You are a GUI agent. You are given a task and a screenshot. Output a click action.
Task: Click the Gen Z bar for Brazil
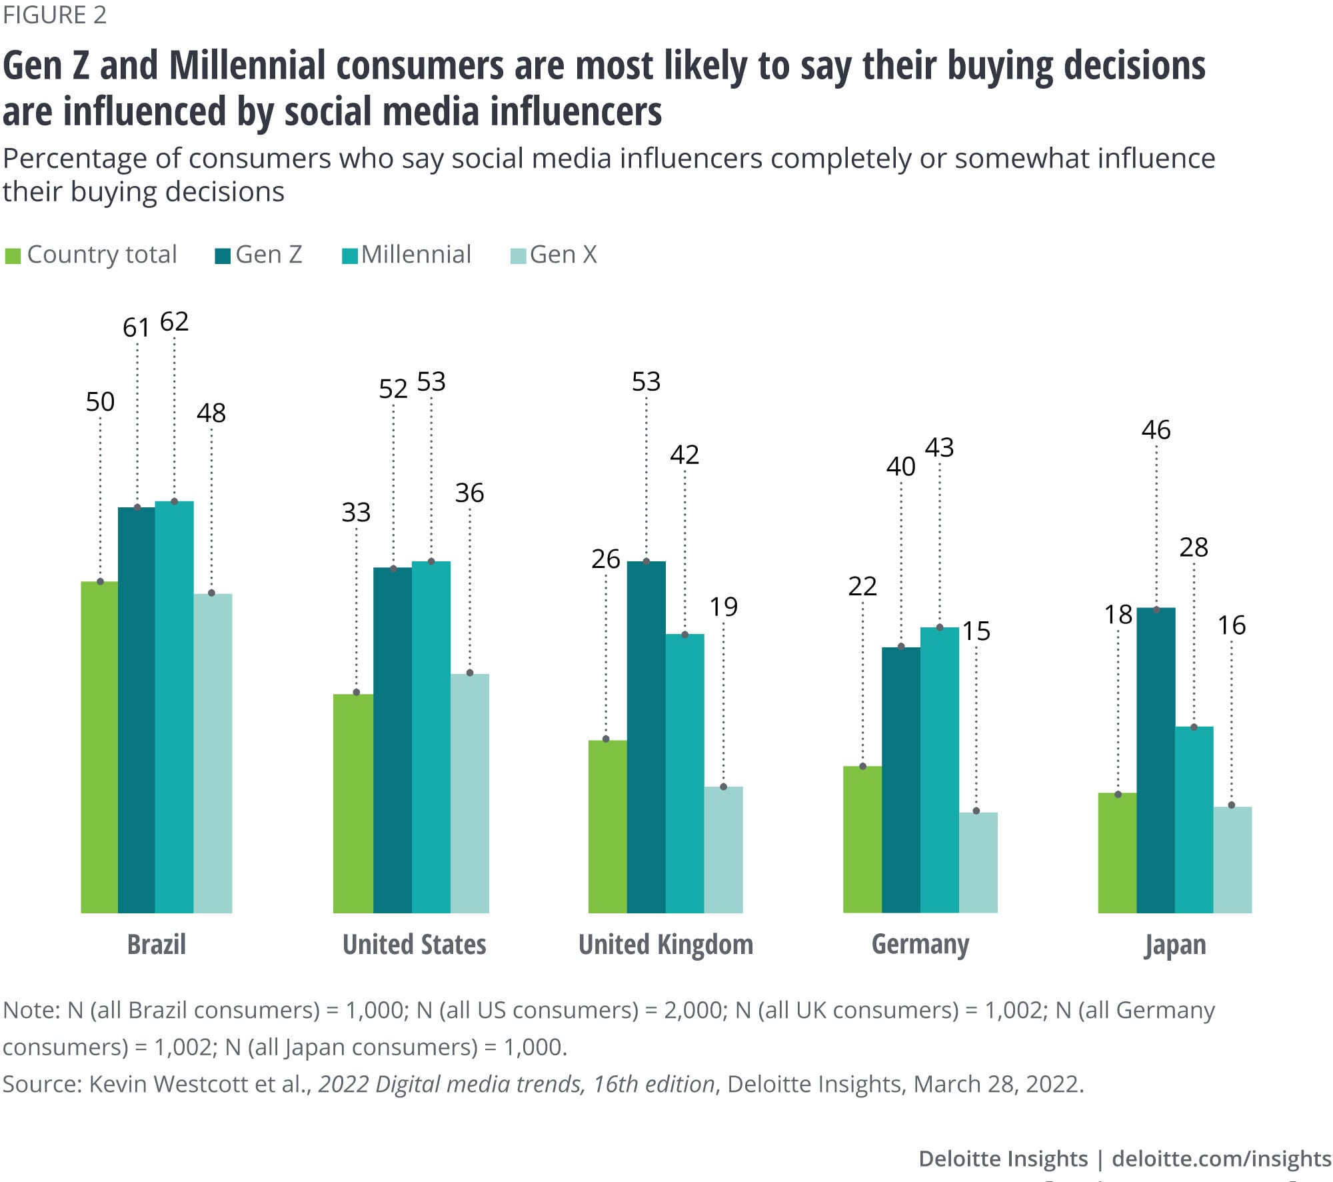[x=137, y=710]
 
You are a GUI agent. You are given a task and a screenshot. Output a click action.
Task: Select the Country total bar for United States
[x=353, y=803]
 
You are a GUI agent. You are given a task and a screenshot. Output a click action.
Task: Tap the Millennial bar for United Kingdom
[x=684, y=773]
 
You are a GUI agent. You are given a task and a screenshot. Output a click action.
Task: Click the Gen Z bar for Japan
[x=1156, y=760]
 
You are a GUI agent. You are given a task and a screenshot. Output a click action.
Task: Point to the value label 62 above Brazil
[x=175, y=322]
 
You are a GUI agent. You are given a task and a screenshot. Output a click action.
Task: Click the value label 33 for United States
[x=356, y=513]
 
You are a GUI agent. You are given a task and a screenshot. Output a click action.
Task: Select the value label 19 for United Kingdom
[x=723, y=607]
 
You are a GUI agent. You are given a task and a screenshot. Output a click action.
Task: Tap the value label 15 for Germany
[x=976, y=631]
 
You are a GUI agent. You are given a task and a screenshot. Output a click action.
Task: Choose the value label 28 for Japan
[x=1194, y=547]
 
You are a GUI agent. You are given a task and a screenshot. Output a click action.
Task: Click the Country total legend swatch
[x=13, y=256]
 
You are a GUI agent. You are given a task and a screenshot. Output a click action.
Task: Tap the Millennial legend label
[x=417, y=255]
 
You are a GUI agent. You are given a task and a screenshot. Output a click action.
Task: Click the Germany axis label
[x=920, y=945]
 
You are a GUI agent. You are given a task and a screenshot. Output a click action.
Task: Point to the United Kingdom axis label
[x=666, y=945]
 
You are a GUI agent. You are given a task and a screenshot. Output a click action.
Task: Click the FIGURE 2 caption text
[x=55, y=15]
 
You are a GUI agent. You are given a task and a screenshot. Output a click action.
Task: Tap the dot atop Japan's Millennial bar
[x=1194, y=727]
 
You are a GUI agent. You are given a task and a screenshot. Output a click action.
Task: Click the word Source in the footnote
[x=41, y=1084]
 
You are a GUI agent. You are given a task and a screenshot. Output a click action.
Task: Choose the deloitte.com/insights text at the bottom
[x=1221, y=1159]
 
